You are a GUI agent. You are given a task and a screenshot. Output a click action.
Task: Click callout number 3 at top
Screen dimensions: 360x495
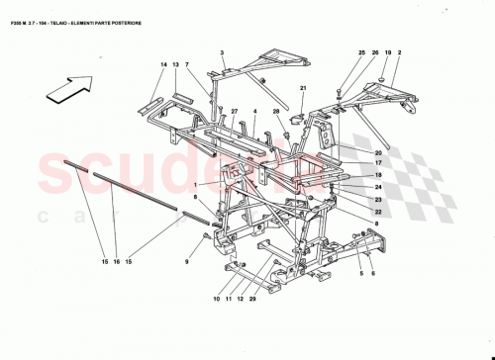223,51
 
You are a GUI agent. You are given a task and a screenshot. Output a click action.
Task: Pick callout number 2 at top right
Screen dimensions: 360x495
399,51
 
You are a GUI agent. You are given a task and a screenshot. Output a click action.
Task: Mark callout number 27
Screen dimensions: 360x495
235,111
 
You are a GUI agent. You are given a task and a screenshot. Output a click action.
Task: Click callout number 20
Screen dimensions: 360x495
378,152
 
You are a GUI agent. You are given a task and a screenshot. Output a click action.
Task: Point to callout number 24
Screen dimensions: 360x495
378,187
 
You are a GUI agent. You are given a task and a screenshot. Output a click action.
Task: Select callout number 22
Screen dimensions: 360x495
378,210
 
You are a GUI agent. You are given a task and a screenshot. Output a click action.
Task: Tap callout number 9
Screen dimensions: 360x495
185,261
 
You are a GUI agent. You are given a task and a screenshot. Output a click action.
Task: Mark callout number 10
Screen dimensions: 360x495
216,299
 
